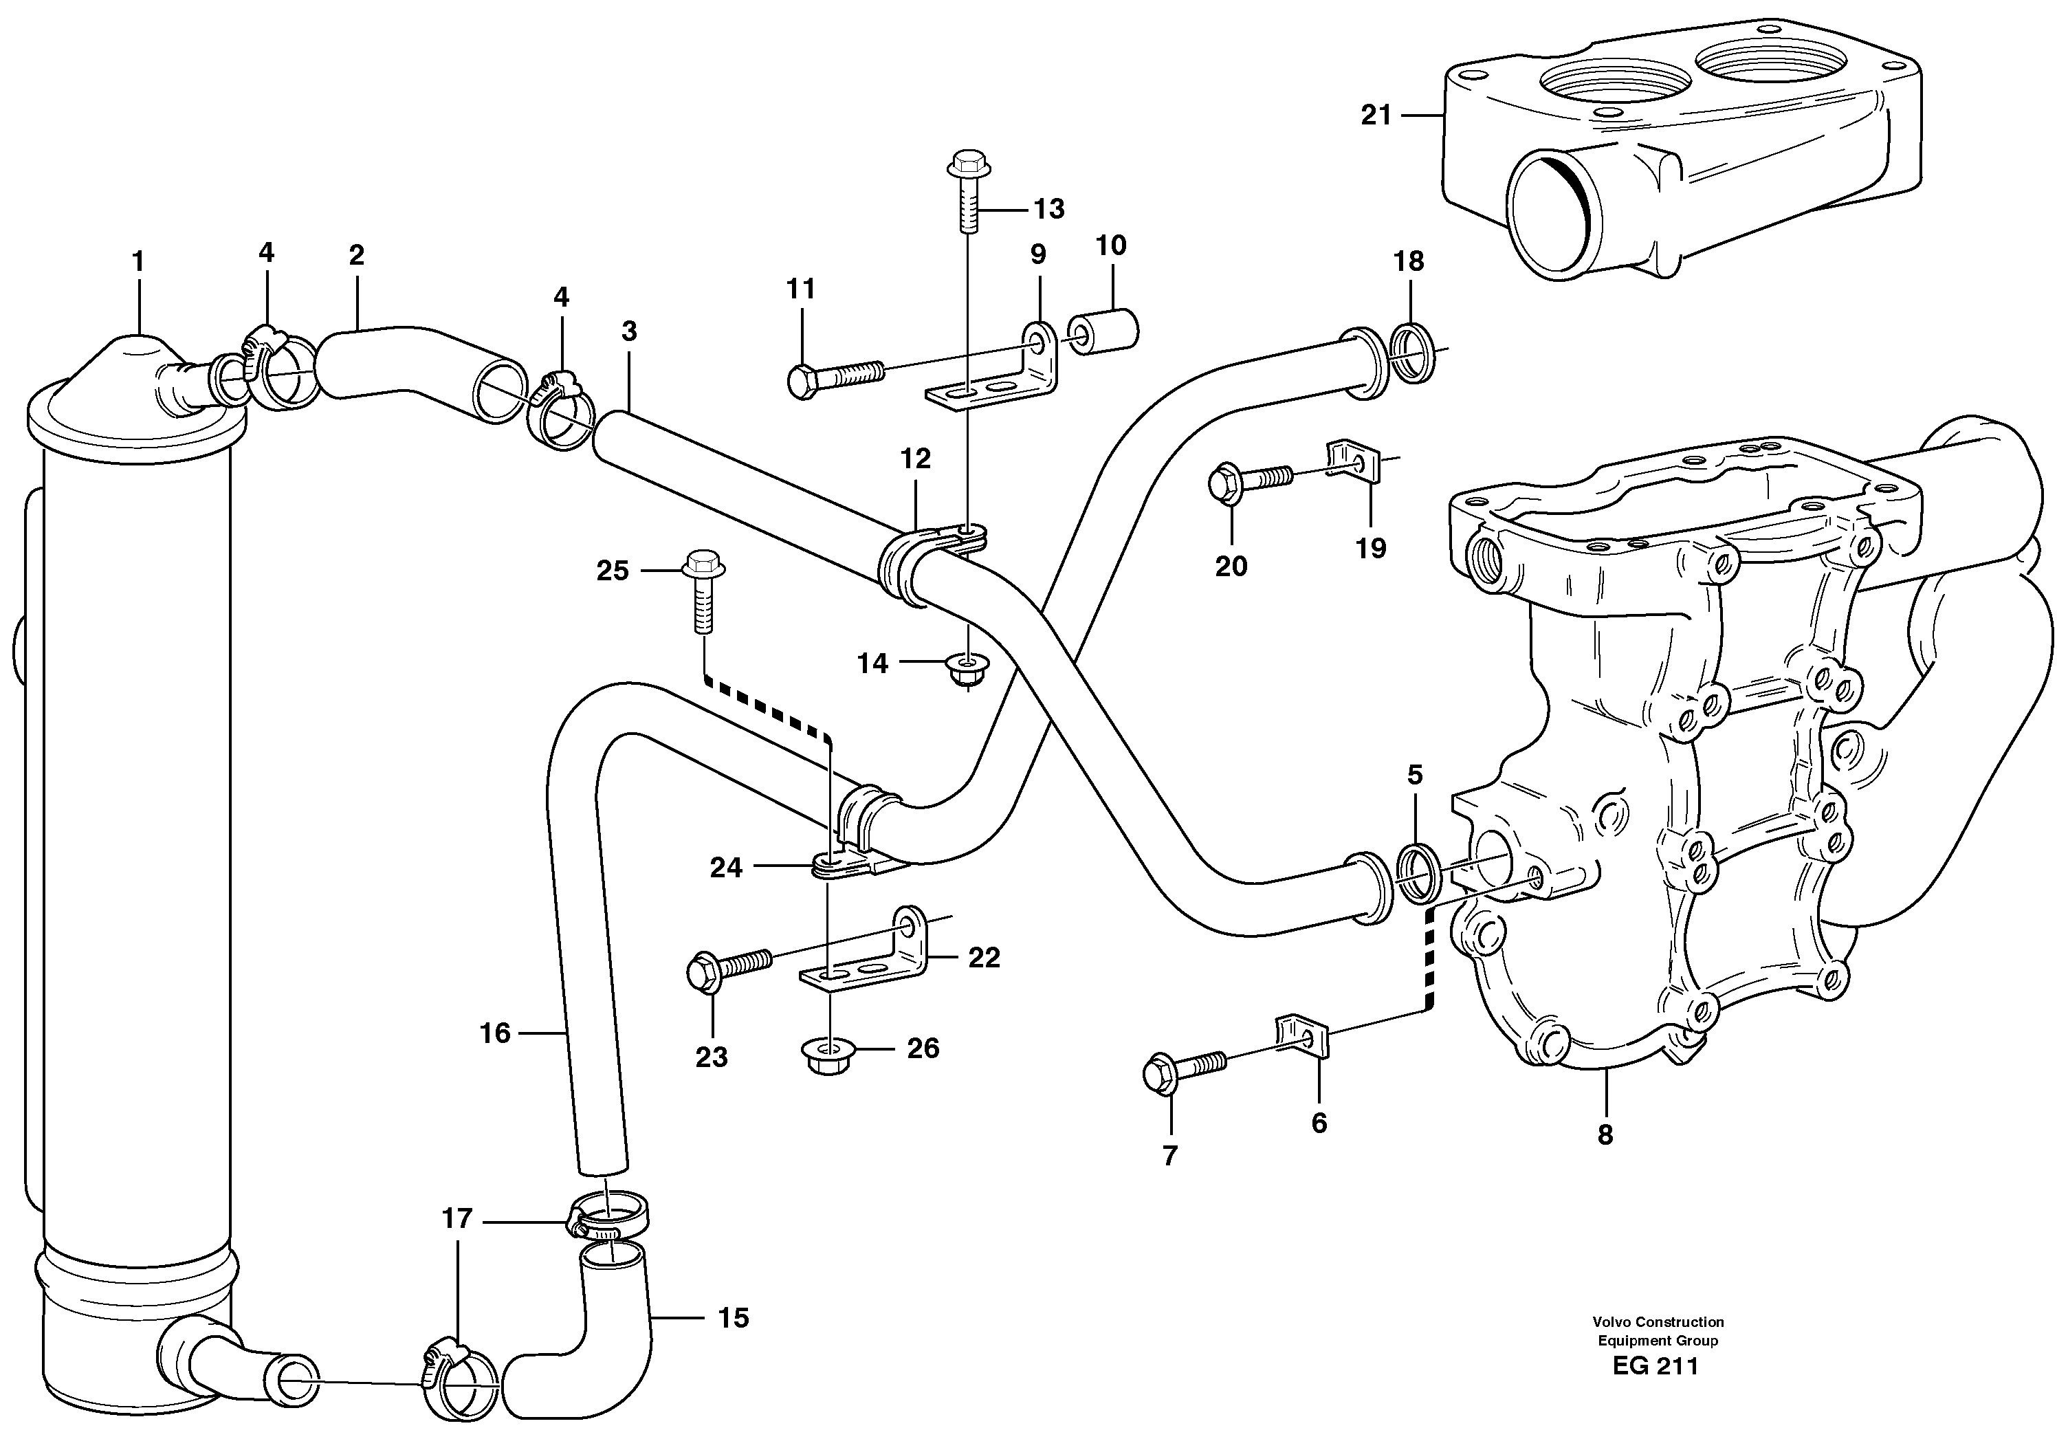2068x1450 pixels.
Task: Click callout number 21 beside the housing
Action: [1376, 116]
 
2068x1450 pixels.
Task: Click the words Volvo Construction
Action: [1658, 1322]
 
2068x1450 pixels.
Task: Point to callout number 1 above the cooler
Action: [137, 262]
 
